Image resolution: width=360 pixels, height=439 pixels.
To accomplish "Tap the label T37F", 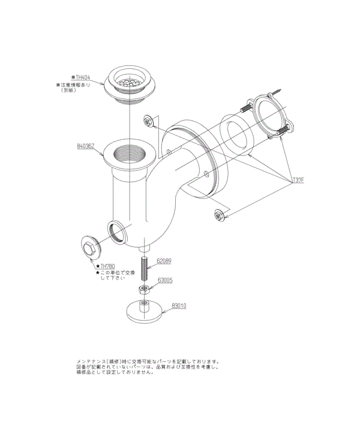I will pos(298,180).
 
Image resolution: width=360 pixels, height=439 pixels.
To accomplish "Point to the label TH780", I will pos(107,266).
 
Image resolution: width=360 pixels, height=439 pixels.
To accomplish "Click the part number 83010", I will pos(179,305).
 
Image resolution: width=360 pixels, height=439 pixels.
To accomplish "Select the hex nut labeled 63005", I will pos(144,290).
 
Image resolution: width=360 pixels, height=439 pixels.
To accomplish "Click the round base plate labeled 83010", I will pos(144,312).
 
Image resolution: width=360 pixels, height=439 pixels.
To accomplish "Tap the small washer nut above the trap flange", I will pos(149,122).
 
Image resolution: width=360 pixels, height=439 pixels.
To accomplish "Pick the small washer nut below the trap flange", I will pos(220,215).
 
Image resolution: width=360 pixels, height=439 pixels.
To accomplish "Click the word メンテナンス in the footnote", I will pos(91,362).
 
